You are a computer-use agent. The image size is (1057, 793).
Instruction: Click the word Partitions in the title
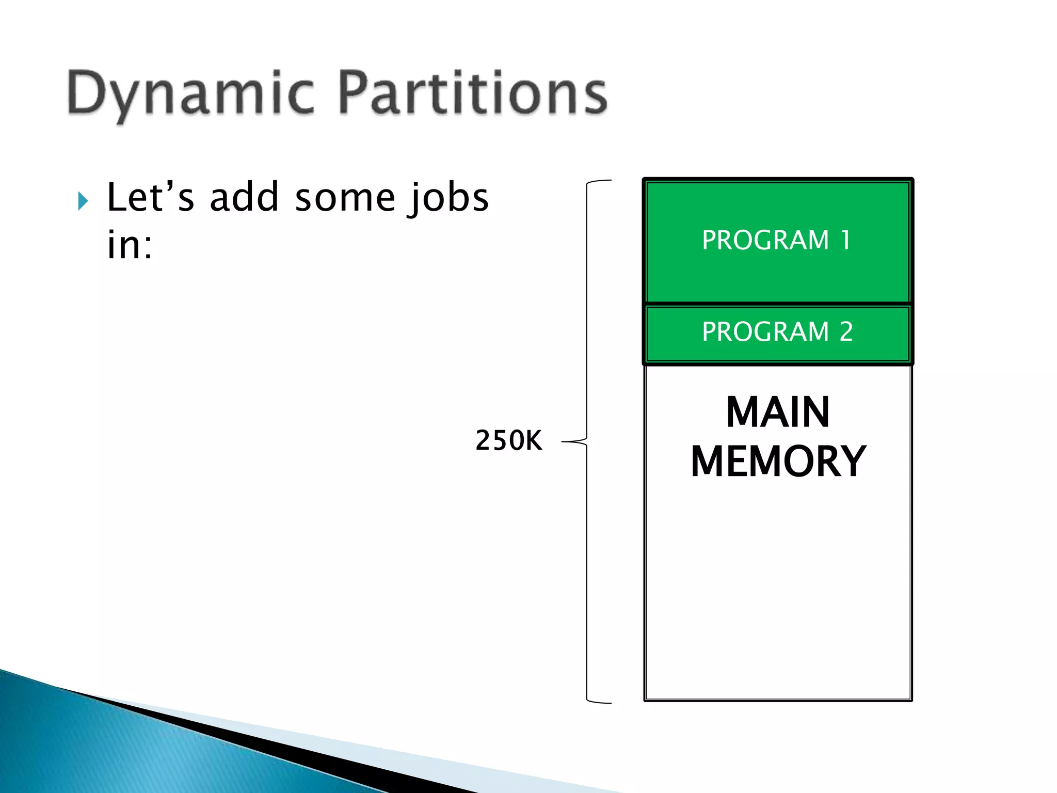(473, 93)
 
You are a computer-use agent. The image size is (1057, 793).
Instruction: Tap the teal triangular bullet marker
(83, 201)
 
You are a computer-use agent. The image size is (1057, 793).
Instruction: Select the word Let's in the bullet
(150, 198)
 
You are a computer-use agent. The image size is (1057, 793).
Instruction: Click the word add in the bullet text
(245, 198)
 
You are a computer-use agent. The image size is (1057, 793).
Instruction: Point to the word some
(345, 198)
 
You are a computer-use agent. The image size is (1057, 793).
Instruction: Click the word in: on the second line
(129, 245)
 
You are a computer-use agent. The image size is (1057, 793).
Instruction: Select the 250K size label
(508, 440)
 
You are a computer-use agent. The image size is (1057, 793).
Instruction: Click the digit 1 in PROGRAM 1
(845, 240)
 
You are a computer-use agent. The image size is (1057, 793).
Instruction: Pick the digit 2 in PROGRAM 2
(846, 331)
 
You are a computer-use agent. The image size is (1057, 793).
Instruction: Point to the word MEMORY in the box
(778, 461)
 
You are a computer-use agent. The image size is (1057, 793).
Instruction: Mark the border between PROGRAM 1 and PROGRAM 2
(778, 304)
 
